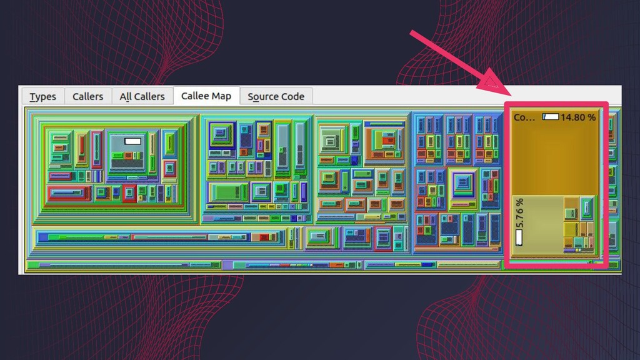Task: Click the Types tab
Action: pyautogui.click(x=42, y=96)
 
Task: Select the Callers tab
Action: pyautogui.click(x=87, y=96)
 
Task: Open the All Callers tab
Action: pyautogui.click(x=142, y=96)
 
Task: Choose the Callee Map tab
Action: pyautogui.click(x=206, y=96)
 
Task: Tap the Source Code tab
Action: pyautogui.click(x=276, y=96)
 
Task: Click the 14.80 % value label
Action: pyautogui.click(x=578, y=117)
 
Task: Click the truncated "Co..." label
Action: pyautogui.click(x=524, y=117)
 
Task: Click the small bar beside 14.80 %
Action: pyautogui.click(x=551, y=117)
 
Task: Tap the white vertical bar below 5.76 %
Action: pyautogui.click(x=519, y=237)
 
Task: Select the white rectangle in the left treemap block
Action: pyautogui.click(x=132, y=141)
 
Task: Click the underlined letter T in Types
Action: pyautogui.click(x=32, y=96)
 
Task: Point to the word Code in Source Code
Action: pyautogui.click(x=292, y=96)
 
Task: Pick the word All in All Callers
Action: pyautogui.click(x=126, y=96)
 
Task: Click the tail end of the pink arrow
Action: pyautogui.click(x=412, y=32)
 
